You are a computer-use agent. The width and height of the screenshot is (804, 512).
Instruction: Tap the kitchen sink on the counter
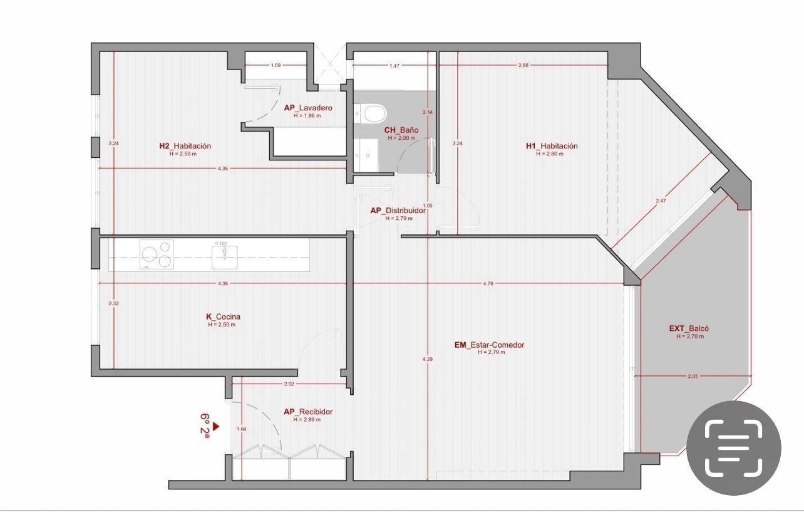[x=224, y=256]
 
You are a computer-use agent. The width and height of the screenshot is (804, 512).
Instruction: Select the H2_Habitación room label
[x=185, y=146]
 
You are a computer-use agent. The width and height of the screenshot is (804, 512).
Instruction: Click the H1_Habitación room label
[x=552, y=146]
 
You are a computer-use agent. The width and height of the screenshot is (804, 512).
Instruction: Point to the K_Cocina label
[x=223, y=316]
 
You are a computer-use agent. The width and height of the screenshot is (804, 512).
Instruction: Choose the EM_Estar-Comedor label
[x=489, y=345]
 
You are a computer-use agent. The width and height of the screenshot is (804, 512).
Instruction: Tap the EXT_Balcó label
[x=689, y=328]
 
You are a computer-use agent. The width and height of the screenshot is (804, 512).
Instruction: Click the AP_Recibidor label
[x=308, y=412]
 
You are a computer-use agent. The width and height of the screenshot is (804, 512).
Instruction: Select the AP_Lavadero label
[x=308, y=108]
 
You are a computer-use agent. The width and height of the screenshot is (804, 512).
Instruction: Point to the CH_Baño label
[x=401, y=130]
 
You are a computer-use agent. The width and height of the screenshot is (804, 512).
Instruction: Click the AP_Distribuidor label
[x=398, y=211]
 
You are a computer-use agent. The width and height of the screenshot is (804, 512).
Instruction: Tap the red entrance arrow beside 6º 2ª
[x=215, y=427]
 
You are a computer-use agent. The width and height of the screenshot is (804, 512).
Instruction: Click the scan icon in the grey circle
[x=734, y=448]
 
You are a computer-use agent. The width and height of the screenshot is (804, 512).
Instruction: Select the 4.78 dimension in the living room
[x=488, y=283]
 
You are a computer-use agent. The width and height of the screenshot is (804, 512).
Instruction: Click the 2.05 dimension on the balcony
[x=693, y=376]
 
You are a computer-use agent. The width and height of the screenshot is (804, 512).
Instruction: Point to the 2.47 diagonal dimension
[x=661, y=201]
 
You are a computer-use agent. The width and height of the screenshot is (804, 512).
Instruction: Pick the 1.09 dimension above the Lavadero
[x=276, y=65]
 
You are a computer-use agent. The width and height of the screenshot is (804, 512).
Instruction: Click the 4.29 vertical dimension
[x=428, y=359]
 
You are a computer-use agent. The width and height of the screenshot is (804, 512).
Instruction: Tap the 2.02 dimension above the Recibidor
[x=289, y=384]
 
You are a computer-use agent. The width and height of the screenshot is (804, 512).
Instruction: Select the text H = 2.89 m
[x=307, y=420]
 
